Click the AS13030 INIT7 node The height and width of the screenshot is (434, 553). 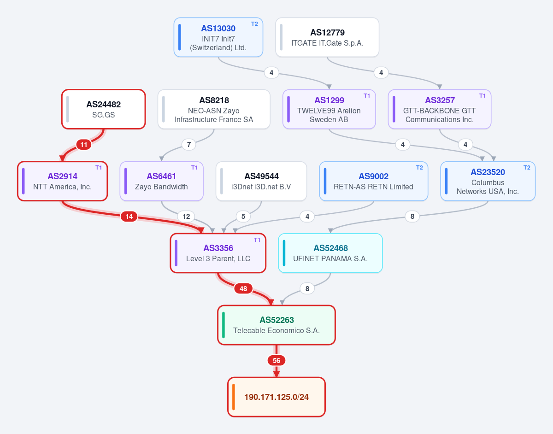218,37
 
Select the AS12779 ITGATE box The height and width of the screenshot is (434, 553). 327,37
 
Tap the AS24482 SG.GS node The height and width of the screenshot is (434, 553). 103,109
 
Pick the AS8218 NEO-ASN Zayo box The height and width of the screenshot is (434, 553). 214,109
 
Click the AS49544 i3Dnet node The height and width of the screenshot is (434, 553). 261,181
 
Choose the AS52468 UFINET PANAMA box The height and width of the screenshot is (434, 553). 330,253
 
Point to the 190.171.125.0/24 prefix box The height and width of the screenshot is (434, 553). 276,397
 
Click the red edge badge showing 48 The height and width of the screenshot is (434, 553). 243,288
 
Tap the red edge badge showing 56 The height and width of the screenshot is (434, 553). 276,360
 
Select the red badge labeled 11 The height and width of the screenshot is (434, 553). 84,145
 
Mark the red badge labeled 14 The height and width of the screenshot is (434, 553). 129,217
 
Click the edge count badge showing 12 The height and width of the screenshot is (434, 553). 186,217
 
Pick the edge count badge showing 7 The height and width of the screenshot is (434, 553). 189,145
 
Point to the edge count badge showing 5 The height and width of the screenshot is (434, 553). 243,217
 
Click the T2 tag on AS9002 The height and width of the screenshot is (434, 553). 419,167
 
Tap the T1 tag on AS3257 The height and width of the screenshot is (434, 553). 482,96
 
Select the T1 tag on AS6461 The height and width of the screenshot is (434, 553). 194,167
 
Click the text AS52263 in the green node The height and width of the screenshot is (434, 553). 276,320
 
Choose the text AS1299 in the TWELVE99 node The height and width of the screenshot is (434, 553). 329,100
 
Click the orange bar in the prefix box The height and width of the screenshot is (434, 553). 234,397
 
